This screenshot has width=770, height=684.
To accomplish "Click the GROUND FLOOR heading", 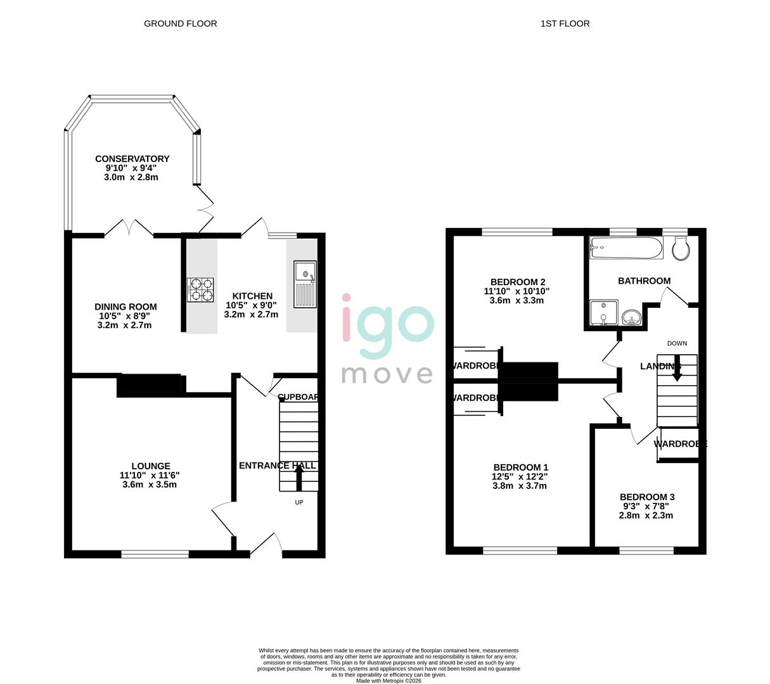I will (x=181, y=23).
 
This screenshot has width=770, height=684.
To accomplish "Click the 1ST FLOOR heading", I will (x=565, y=23).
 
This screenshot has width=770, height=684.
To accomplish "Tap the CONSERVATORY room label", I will (x=132, y=159).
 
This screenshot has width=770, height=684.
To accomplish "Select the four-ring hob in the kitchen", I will (x=200, y=289).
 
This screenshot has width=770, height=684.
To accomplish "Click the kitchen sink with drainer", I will (x=305, y=284).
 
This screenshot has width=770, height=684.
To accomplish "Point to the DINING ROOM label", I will (x=125, y=307).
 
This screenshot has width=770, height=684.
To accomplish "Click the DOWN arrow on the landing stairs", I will (x=677, y=369).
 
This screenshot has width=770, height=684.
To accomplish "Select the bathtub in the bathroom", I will (x=626, y=248).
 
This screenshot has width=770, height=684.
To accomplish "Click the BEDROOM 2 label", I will (x=518, y=282).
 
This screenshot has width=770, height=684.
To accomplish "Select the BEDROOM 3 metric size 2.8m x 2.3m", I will (x=646, y=516).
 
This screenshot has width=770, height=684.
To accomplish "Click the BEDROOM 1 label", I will (x=520, y=467).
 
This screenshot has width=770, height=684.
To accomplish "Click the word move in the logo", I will (x=387, y=374).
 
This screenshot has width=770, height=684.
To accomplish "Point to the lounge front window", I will (x=155, y=554).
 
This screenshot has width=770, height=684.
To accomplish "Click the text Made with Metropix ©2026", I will (x=388, y=681).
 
